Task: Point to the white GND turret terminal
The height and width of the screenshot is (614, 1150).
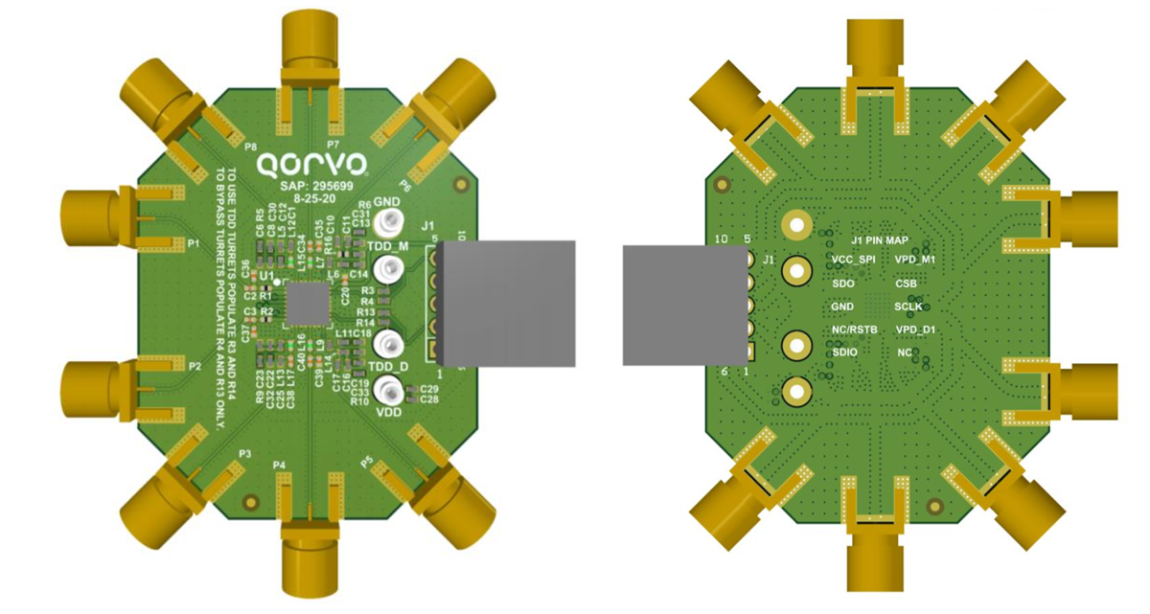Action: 388,224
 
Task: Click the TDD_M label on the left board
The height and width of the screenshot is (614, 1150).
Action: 387,246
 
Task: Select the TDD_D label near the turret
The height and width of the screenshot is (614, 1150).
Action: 387,367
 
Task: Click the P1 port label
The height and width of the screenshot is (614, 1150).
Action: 194,243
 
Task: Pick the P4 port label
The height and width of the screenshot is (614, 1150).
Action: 279,466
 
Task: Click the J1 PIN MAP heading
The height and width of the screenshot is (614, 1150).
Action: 882,239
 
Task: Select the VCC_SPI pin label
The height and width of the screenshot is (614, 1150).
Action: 853,261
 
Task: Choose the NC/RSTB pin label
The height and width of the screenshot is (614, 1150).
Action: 855,330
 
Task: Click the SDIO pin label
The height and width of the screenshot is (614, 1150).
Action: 845,352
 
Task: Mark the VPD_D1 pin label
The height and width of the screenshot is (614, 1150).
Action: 915,330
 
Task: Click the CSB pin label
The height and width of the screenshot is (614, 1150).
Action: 906,284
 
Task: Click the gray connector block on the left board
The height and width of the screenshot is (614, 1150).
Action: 507,303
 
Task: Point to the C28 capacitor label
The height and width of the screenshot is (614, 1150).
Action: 429,399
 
